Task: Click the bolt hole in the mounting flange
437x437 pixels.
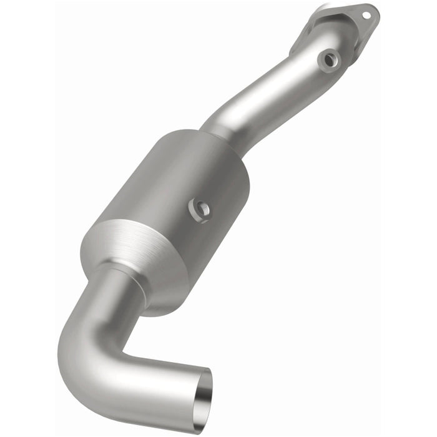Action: click(x=366, y=12)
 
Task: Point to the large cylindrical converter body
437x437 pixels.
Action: click(x=175, y=187)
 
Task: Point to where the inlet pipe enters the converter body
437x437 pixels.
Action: click(x=215, y=134)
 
